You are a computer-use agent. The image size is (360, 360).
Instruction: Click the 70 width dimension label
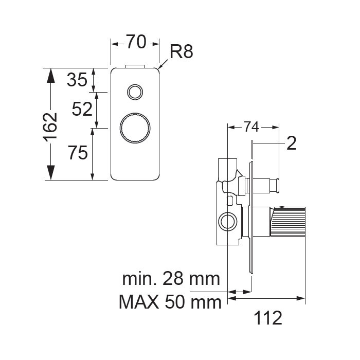point(136,42)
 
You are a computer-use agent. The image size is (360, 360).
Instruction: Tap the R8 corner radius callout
point(181,51)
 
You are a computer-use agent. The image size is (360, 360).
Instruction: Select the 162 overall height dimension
point(50,127)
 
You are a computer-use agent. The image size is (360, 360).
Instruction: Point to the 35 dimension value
point(77,80)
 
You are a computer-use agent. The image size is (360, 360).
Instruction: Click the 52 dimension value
point(82,109)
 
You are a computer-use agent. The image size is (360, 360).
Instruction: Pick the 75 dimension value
point(78,153)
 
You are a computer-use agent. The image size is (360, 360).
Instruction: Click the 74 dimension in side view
point(251,127)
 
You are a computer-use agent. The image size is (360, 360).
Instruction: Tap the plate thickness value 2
point(292,143)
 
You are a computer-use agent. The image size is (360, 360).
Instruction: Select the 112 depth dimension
point(268,318)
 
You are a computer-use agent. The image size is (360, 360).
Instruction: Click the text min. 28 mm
point(171,279)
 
